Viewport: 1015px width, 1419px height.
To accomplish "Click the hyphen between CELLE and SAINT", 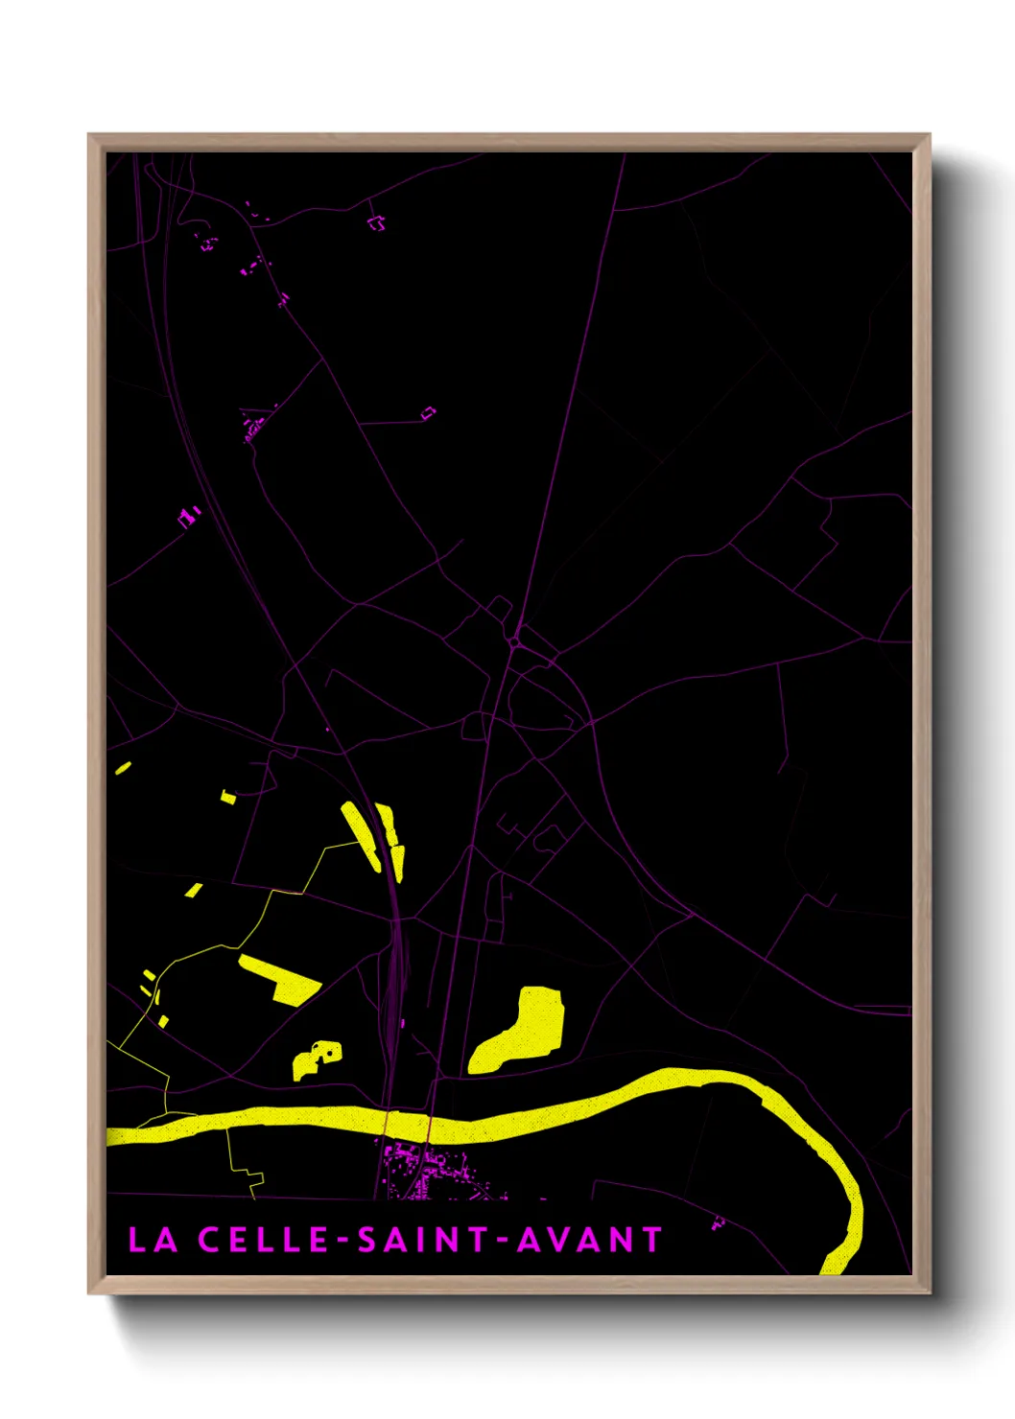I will coord(343,1240).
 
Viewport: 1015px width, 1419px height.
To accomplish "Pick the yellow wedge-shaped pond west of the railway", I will coord(279,977).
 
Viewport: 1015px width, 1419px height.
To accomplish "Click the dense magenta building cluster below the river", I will coord(427,1170).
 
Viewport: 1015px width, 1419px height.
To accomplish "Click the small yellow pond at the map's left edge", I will coord(122,768).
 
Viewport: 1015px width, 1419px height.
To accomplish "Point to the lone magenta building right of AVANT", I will coord(718,1222).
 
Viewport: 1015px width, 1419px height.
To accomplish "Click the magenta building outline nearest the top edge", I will coord(377,223).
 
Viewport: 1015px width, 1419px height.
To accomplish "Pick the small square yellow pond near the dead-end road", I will coord(228,796).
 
